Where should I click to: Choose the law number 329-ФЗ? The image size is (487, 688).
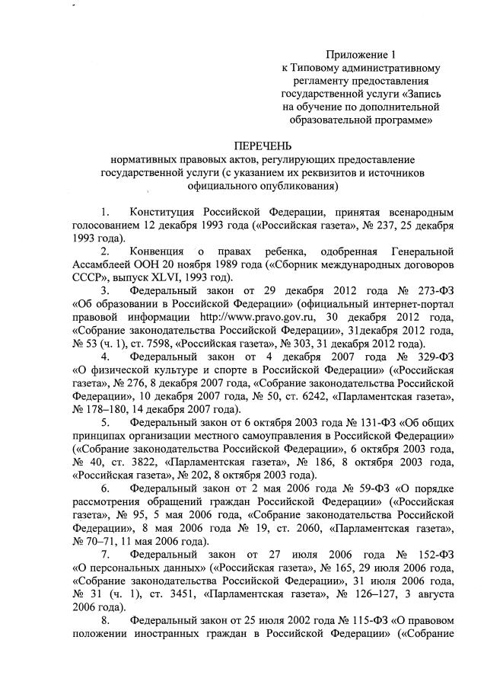tap(434, 357)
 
